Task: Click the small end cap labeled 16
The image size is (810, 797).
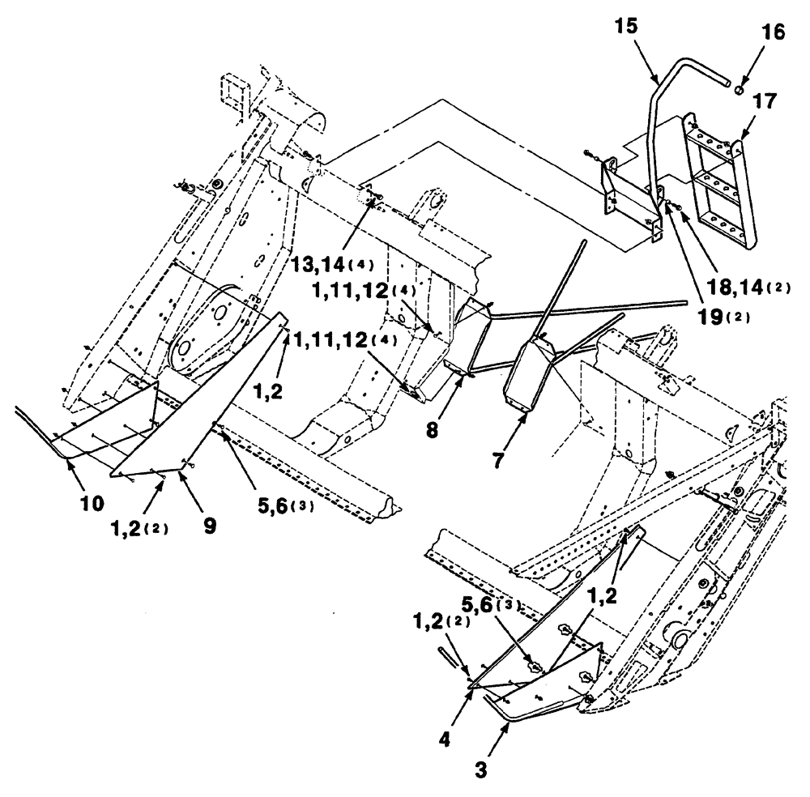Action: pos(739,83)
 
